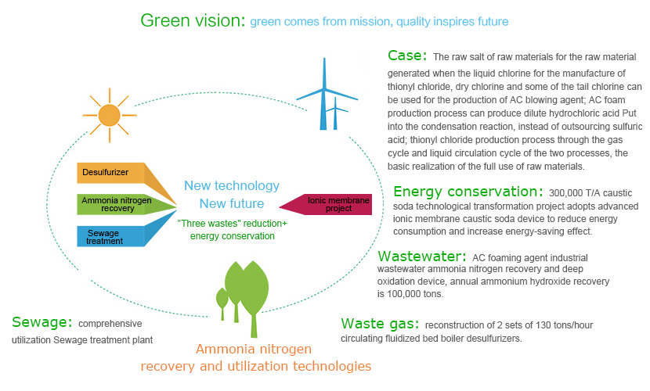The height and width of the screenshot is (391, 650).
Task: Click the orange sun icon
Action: click(x=110, y=115)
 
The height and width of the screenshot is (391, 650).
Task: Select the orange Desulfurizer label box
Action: click(x=110, y=173)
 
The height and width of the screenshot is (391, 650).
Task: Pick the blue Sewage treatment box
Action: click(x=110, y=237)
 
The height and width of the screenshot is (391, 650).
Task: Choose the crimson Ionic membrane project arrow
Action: click(x=326, y=204)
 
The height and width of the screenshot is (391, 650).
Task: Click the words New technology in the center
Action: click(x=232, y=186)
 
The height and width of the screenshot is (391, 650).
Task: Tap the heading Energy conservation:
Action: click(x=468, y=192)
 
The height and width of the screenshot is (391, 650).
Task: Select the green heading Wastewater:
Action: click(x=422, y=256)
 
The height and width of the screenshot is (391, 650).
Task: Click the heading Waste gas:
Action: click(x=380, y=324)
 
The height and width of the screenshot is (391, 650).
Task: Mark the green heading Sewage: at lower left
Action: click(x=42, y=322)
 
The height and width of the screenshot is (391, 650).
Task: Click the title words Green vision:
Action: click(x=193, y=20)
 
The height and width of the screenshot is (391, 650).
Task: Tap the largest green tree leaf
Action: click(x=254, y=289)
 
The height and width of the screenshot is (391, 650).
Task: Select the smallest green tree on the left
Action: click(x=222, y=301)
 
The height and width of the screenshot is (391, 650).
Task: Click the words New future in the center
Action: click(x=232, y=203)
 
